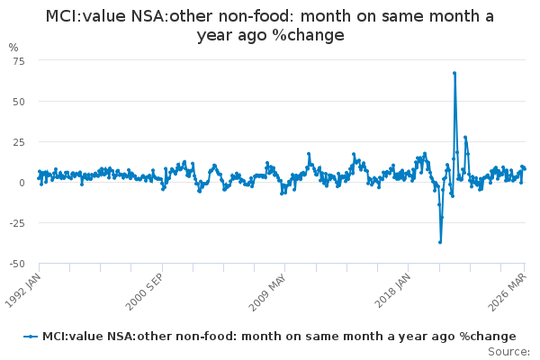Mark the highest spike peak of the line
pyautogui.click(x=454, y=73)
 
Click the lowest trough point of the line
pyautogui.click(x=440, y=241)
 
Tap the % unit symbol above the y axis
pyautogui.click(x=13, y=47)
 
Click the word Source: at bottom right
pyautogui.click(x=508, y=351)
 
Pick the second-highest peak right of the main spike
pyautogui.click(x=465, y=137)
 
